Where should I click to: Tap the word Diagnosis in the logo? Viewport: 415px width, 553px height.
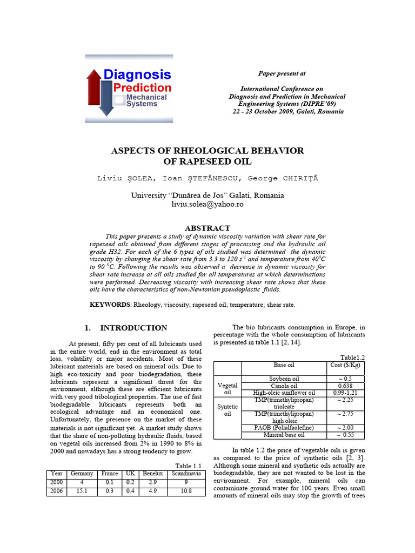pos(137,75)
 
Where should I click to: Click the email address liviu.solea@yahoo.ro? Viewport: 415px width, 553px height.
pos(207,204)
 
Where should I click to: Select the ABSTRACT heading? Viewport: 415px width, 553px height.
pos(207,228)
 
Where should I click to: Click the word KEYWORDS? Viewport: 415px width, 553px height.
pos(110,305)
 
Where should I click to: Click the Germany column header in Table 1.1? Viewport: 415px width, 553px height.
pos(82,474)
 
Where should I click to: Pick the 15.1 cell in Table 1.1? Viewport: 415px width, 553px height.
pos(82,491)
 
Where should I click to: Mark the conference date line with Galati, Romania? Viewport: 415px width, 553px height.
pos(287,111)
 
